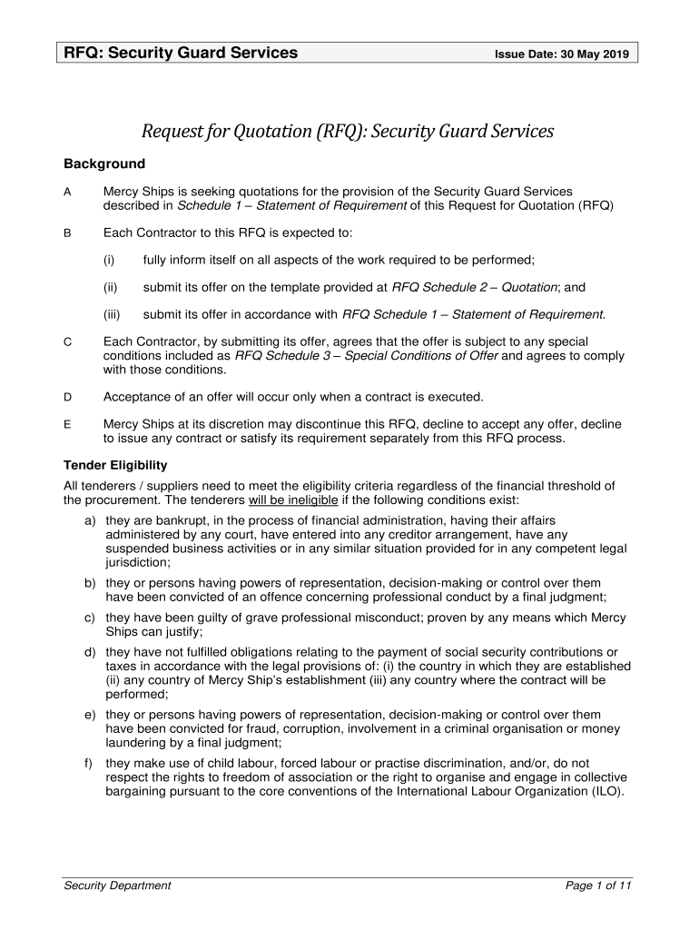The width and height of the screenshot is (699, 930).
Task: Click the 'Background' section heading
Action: point(103,163)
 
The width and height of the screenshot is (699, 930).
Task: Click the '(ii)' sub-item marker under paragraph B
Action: point(110,287)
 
